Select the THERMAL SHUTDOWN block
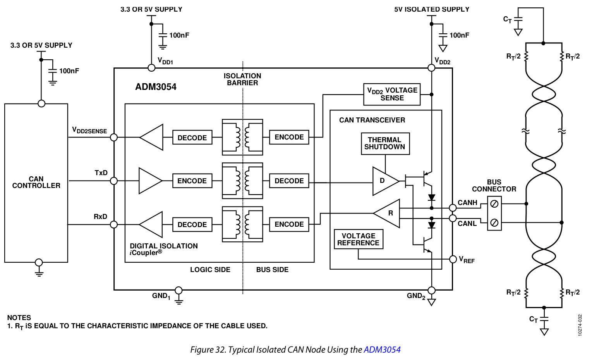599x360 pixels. pyautogui.click(x=385, y=143)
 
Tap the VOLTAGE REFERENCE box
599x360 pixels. pyautogui.click(x=358, y=239)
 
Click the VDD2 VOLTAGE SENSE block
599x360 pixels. pyautogui.click(x=392, y=94)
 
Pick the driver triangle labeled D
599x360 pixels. pyautogui.click(x=385, y=181)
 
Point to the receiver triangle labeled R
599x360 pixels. pyautogui.click(x=387, y=213)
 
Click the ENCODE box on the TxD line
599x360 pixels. pyautogui.click(x=192, y=181)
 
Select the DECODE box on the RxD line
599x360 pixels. pyautogui.click(x=192, y=224)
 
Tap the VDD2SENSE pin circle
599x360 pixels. pyautogui.click(x=114, y=137)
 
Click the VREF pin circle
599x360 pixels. pyautogui.click(x=453, y=259)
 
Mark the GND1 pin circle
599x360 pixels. pyautogui.click(x=178, y=290)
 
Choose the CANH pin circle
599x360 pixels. pyautogui.click(x=453, y=208)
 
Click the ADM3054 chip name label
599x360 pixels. pyautogui.click(x=156, y=87)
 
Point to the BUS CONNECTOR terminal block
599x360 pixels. pyautogui.click(x=494, y=213)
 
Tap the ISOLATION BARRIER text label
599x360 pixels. pyautogui.click(x=242, y=79)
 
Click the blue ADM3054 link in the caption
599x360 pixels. pyautogui.click(x=382, y=350)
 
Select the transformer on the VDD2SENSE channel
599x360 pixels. pyautogui.click(x=242, y=137)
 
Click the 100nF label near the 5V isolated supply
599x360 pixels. pyautogui.click(x=459, y=35)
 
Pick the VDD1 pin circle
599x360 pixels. pyautogui.click(x=151, y=68)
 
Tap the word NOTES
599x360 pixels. pyautogui.click(x=19, y=317)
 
